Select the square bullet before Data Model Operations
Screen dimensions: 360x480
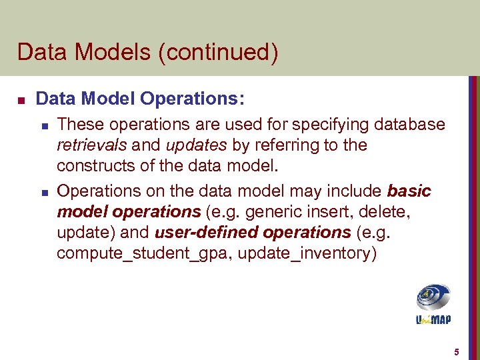pyautogui.click(x=21, y=101)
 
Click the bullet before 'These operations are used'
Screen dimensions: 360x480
pyautogui.click(x=43, y=125)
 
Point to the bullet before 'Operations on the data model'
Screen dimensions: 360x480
pyautogui.click(x=43, y=192)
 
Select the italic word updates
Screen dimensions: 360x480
pyautogui.click(x=190, y=145)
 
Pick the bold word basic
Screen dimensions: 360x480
pyautogui.click(x=409, y=191)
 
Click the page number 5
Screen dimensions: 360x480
pyautogui.click(x=456, y=351)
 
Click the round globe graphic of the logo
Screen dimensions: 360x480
pyautogui.click(x=433, y=297)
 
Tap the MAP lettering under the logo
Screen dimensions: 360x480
pyautogui.click(x=440, y=319)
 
